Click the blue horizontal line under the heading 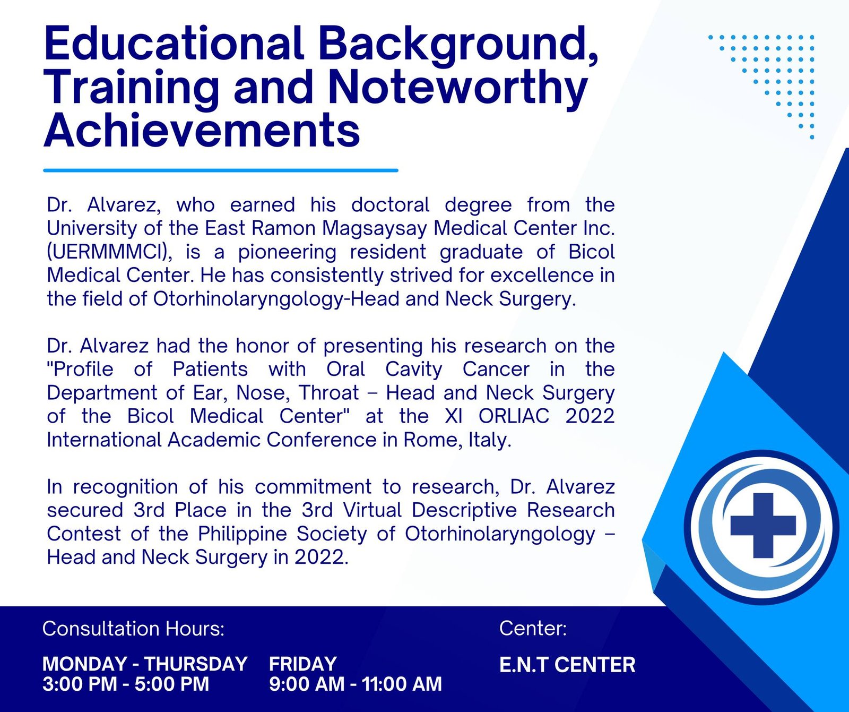[x=221, y=170]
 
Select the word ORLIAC [x=514, y=416]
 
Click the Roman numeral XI [x=454, y=416]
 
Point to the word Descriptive [x=464, y=510]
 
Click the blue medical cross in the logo [x=763, y=525]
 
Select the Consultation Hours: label [x=134, y=629]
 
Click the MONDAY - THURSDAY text [x=145, y=664]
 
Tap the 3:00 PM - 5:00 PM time [x=126, y=684]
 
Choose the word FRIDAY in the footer [x=303, y=664]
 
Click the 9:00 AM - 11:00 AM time [x=356, y=684]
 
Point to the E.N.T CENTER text [x=567, y=665]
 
